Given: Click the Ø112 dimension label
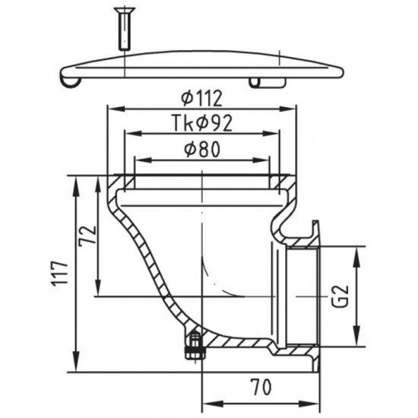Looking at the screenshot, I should pyautogui.click(x=203, y=97).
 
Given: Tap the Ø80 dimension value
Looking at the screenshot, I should pyautogui.click(x=202, y=150).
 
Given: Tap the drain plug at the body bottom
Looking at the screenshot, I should pyautogui.click(x=194, y=345).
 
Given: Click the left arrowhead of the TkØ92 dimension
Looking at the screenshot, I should pyautogui.click(x=127, y=135).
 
